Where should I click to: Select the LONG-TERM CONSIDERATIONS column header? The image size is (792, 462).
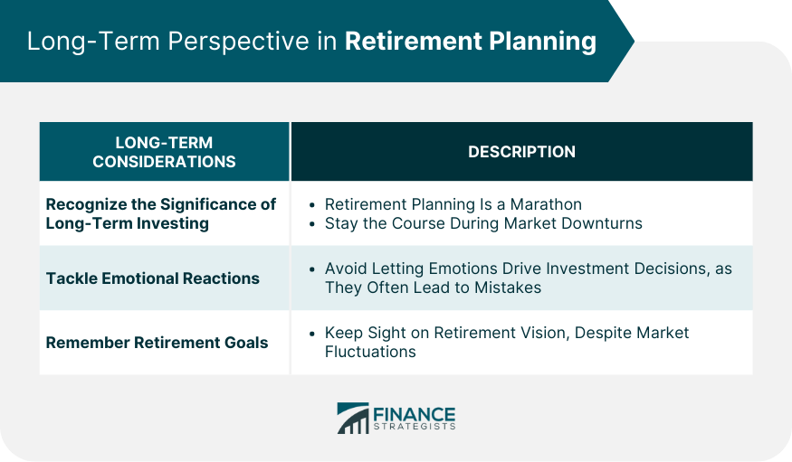coord(164,152)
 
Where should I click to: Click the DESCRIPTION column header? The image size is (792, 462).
coord(521,152)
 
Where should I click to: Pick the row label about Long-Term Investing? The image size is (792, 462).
coord(161,213)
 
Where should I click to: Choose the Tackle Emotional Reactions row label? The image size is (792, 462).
coord(153,278)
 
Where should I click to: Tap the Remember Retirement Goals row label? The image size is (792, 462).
coord(157,343)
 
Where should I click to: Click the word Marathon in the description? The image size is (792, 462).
coord(544,204)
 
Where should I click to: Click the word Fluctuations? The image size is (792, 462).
coord(370,352)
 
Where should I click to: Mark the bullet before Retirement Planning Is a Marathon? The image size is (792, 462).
coord(312,204)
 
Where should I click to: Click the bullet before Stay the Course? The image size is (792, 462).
coord(312,222)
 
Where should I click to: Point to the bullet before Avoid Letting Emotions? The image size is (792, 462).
coord(312,269)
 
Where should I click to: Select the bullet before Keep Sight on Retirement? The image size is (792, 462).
coord(312,334)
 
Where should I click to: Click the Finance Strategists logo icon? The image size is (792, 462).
coord(353,419)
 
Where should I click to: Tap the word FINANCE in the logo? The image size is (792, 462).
coord(415,413)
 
